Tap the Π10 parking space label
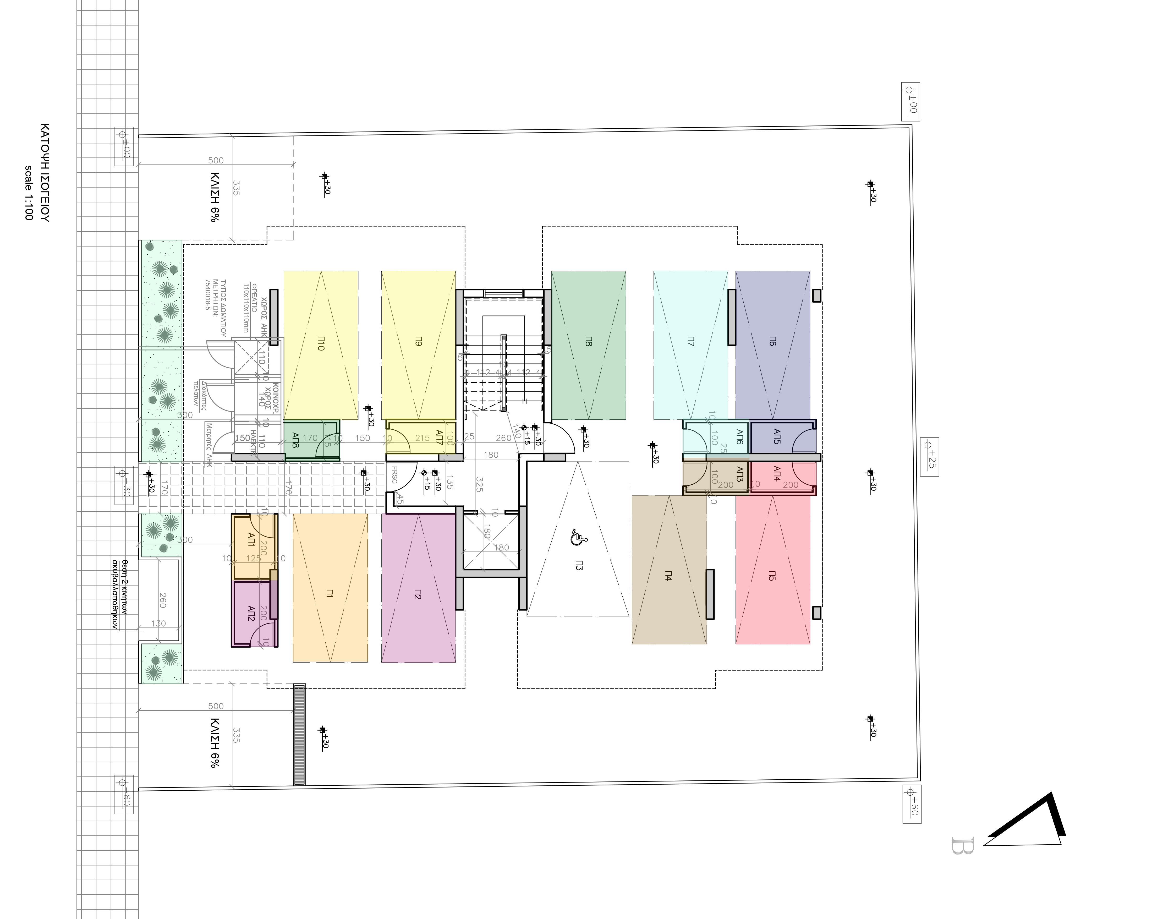321,343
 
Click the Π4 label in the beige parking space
668,576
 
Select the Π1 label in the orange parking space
330,593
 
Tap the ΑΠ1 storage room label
251,539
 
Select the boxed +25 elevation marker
929,457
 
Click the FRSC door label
394,475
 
